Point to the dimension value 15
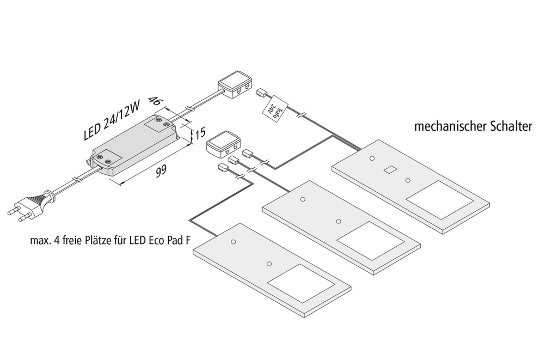[200, 132]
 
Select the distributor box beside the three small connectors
[223, 143]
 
